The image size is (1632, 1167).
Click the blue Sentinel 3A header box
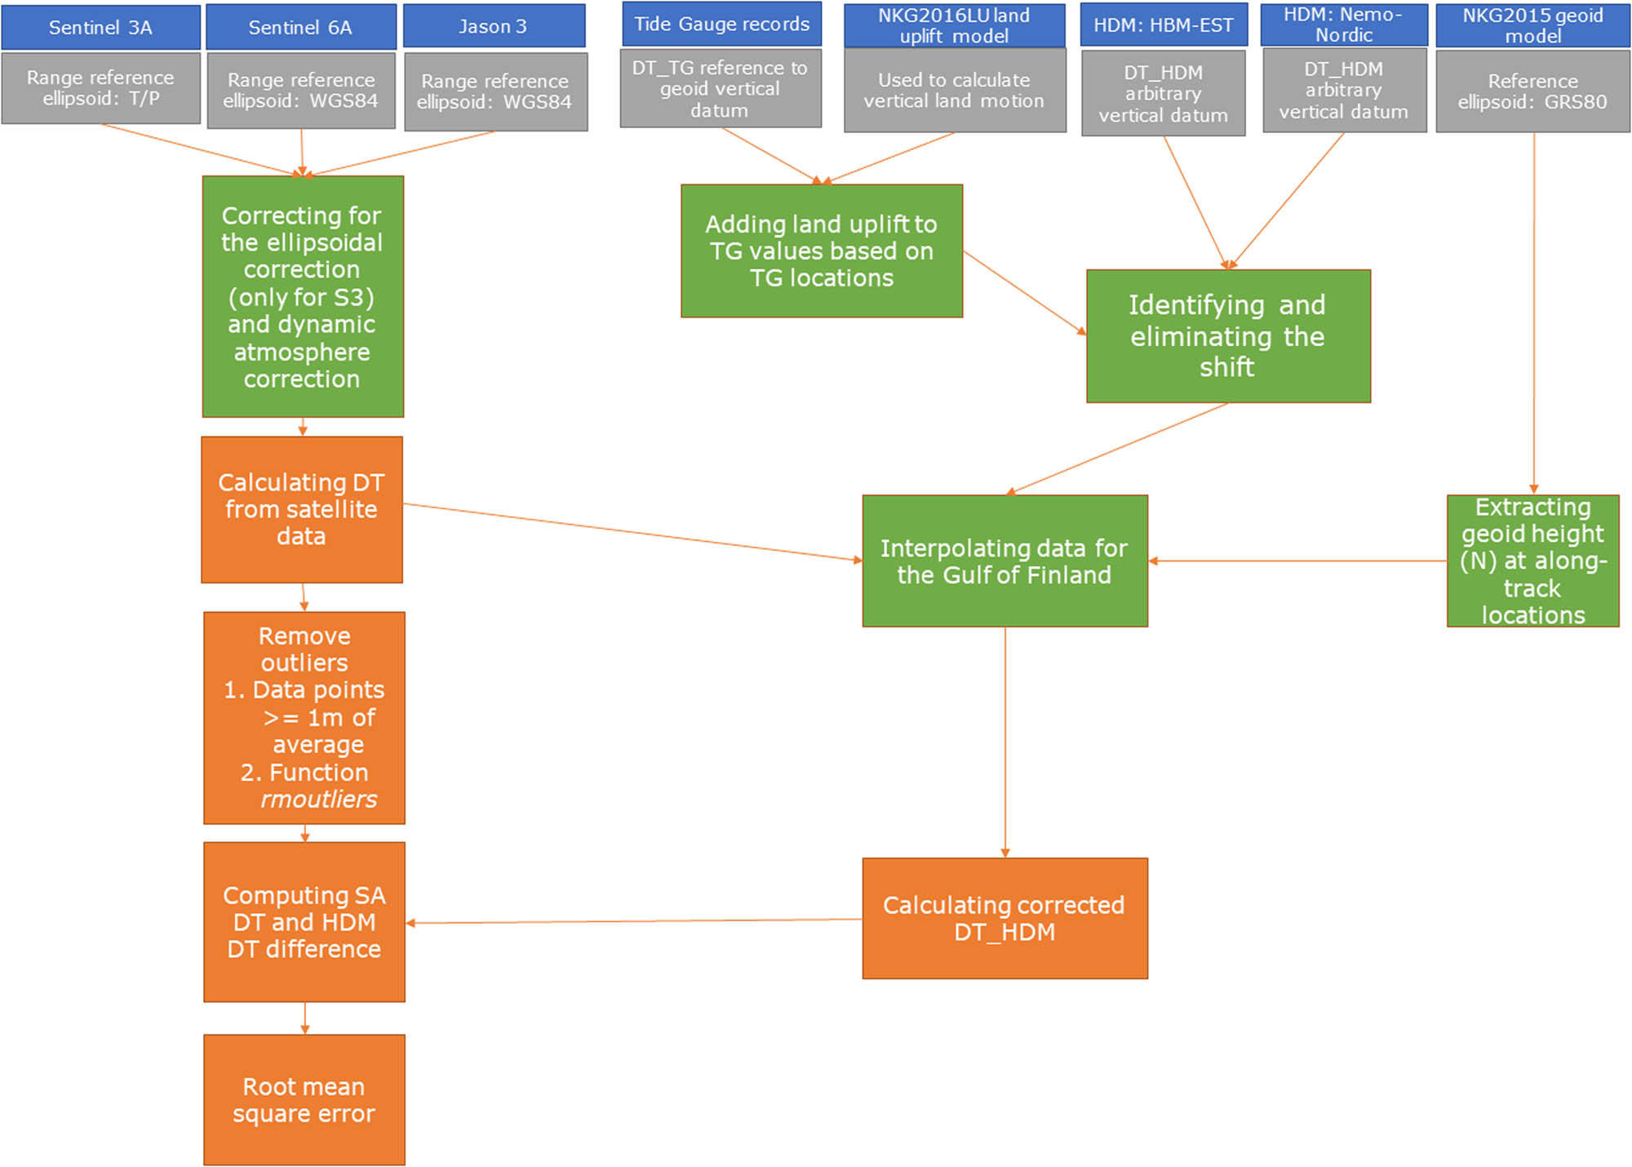tap(100, 27)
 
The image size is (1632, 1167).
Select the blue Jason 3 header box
tap(494, 26)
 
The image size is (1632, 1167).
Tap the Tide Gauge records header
tap(721, 24)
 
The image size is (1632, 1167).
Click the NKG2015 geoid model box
tap(1532, 25)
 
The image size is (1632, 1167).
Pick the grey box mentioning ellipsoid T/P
tap(100, 88)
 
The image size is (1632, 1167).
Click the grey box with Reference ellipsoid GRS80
tap(1532, 91)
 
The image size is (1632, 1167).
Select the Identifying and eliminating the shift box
tap(1228, 336)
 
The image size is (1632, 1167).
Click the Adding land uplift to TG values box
tap(822, 251)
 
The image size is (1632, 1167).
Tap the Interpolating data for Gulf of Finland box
tap(1004, 561)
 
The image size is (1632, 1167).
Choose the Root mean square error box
tap(304, 1099)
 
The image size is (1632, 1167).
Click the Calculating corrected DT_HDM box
tap(1004, 918)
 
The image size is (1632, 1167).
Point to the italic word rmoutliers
tap(319, 799)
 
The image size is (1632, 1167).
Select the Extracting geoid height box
tap(1532, 561)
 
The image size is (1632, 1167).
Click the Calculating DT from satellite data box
tap(302, 509)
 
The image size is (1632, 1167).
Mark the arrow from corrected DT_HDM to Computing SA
tap(634, 921)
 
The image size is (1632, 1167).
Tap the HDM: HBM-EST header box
tap(1164, 25)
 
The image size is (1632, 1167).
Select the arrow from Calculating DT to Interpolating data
tap(632, 532)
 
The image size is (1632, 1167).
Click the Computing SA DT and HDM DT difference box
tap(304, 921)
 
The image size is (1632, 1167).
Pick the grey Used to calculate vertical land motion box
tap(954, 91)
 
